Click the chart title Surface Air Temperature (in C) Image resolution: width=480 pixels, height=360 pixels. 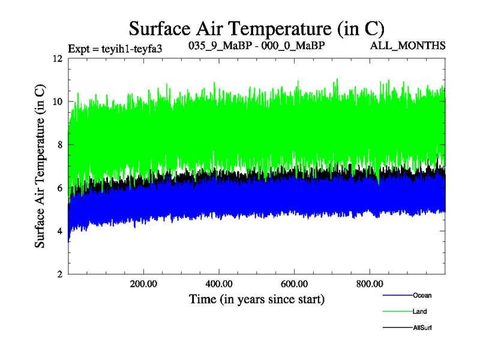(x=257, y=28)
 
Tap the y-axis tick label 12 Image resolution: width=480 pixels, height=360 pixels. (x=58, y=59)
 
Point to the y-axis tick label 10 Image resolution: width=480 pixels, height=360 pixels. (x=58, y=101)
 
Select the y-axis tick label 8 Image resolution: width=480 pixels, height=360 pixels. (x=59, y=145)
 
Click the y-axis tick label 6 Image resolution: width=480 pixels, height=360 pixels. (x=59, y=188)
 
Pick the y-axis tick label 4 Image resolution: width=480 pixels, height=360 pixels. (x=59, y=231)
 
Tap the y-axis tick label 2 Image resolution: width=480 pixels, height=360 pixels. (x=59, y=274)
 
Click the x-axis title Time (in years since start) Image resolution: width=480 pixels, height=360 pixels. (x=257, y=298)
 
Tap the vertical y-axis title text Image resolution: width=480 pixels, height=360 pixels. (x=40, y=167)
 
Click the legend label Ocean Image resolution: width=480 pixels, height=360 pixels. (x=422, y=295)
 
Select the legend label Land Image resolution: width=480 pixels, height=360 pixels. (x=420, y=311)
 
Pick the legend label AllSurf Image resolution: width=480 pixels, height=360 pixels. (x=423, y=328)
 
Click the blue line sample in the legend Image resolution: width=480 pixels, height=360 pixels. (x=396, y=295)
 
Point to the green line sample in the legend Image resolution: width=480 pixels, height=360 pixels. (x=396, y=311)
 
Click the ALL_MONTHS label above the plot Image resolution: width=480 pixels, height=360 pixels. (x=416, y=46)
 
